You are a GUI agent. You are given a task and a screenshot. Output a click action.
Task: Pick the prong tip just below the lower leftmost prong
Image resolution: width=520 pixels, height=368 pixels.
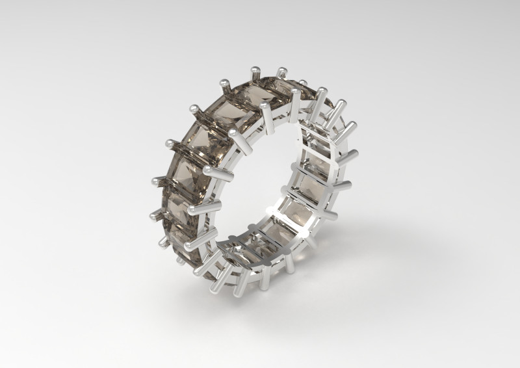pos(162,241)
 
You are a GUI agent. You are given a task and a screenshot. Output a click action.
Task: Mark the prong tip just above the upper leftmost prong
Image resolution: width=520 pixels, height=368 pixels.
pos(170,141)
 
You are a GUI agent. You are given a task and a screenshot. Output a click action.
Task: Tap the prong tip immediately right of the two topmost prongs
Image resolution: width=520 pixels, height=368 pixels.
pos(303,83)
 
